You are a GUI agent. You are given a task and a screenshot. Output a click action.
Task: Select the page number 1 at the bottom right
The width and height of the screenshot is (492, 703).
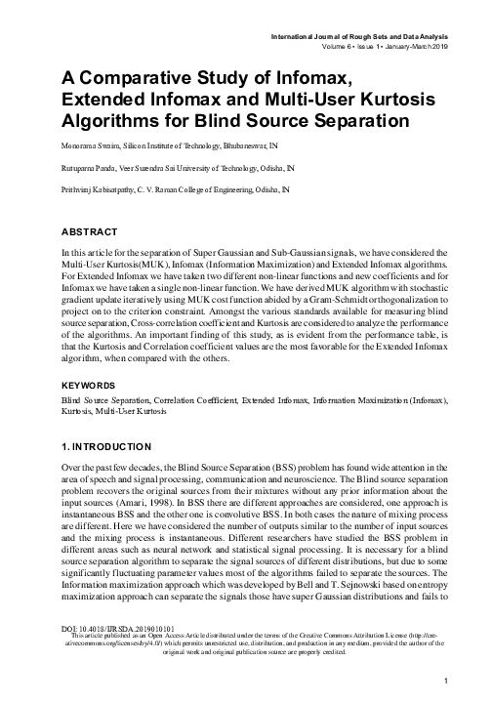coord(445,680)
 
